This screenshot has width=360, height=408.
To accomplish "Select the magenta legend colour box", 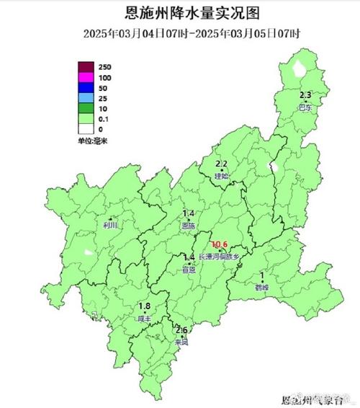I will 86,77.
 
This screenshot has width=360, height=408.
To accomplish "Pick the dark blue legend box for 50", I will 86,87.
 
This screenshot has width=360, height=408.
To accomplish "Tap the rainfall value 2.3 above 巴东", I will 305,95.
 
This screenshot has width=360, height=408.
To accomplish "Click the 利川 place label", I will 110,225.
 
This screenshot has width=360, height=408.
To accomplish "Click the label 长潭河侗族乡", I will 223,256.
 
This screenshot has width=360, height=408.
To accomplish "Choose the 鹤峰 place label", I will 261,286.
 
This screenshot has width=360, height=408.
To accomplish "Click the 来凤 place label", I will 182,342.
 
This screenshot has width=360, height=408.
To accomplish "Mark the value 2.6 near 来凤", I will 182,330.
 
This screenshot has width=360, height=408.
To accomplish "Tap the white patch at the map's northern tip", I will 298,70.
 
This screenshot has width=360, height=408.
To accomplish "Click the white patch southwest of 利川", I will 88,252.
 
